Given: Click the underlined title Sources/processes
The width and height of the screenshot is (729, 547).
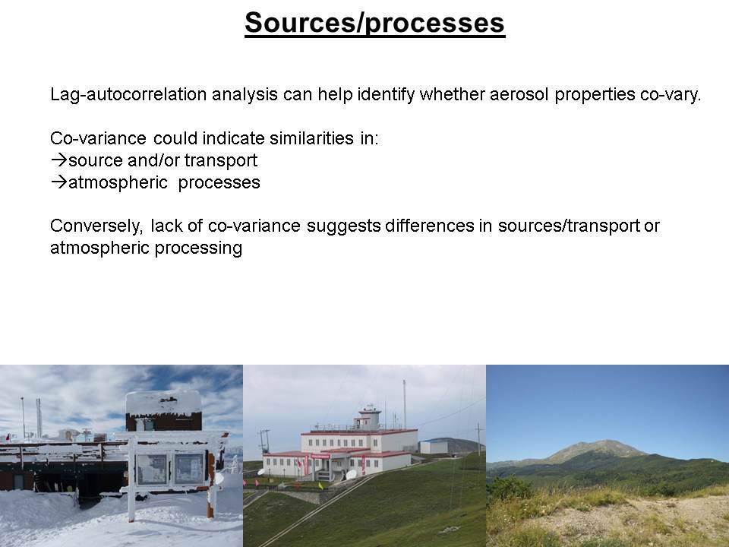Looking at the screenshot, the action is click(x=374, y=24).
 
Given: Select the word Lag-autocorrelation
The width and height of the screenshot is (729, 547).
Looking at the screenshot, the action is click(x=128, y=94).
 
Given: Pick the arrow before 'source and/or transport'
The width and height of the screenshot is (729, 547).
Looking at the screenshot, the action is click(x=59, y=160).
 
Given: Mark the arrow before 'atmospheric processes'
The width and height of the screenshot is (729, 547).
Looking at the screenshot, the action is click(x=59, y=182).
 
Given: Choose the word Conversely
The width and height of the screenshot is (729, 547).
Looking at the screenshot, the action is click(x=96, y=226).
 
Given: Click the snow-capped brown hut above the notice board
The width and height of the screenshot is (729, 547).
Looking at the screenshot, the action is click(x=164, y=411).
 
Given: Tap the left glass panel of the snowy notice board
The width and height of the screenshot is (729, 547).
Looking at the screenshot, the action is click(x=152, y=469).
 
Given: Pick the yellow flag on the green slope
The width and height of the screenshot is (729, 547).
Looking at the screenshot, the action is click(x=320, y=485).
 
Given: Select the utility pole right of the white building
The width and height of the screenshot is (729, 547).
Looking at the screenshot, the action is click(x=478, y=438).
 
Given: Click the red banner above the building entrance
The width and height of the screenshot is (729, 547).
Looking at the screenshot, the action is click(x=320, y=457).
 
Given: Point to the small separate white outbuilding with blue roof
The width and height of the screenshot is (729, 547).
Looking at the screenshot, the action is click(x=434, y=447).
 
